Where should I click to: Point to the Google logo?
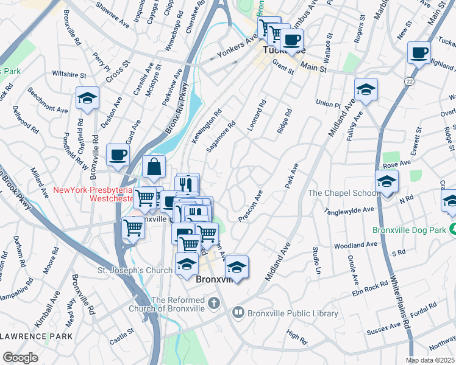[x=20, y=358]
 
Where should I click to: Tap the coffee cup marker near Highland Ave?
[x=419, y=54]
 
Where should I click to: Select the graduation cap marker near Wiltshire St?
[x=87, y=97]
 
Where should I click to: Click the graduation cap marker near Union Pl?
[x=366, y=89]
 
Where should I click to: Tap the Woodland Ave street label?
[x=355, y=245]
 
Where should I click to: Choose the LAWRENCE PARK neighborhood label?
[x=37, y=336]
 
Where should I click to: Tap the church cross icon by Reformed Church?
[x=214, y=302]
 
